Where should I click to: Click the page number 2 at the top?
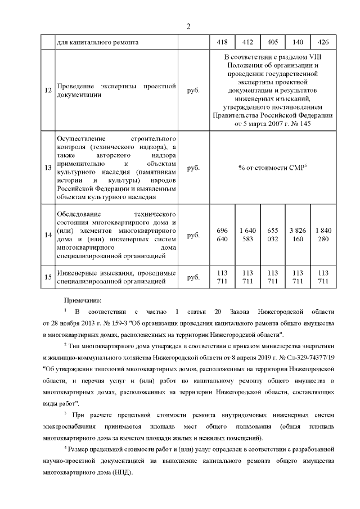click(x=188, y=26)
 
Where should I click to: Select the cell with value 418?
click(x=222, y=42)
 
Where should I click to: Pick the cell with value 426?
click(x=323, y=42)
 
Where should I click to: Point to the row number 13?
click(x=48, y=168)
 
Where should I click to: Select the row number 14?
click(x=48, y=236)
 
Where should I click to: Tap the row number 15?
click(x=48, y=277)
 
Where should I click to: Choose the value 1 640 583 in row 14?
click(x=247, y=236)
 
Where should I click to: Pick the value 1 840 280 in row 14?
click(x=323, y=236)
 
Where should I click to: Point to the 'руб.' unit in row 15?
click(x=193, y=277)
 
